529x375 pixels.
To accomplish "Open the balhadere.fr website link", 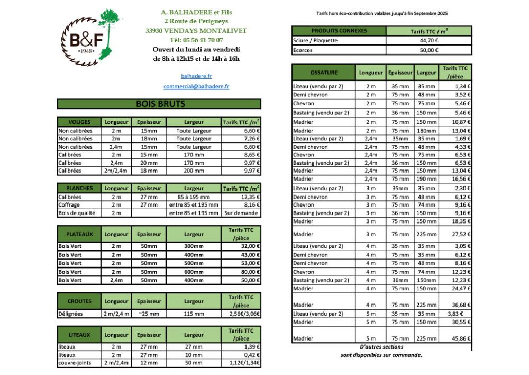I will [x=196, y=76].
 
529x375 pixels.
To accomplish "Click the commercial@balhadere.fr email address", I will [x=196, y=86].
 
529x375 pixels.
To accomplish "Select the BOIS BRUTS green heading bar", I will [x=159, y=104].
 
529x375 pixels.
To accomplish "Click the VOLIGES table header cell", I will [x=79, y=122].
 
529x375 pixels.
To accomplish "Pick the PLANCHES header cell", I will [x=79, y=188].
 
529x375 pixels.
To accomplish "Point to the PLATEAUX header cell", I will [x=79, y=234].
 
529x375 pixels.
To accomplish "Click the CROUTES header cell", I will [x=79, y=301].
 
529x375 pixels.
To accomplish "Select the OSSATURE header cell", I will [x=324, y=73].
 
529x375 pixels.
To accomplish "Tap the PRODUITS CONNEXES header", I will [x=339, y=31].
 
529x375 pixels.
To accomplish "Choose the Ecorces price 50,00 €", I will [x=428, y=50].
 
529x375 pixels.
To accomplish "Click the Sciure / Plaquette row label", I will [x=315, y=40].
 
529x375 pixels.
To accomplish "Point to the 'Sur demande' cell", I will [x=242, y=213].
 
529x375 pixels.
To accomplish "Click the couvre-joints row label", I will [x=75, y=363].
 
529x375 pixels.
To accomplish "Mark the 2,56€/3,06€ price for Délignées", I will [x=242, y=314].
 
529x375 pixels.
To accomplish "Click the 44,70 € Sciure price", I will [x=428, y=40].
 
